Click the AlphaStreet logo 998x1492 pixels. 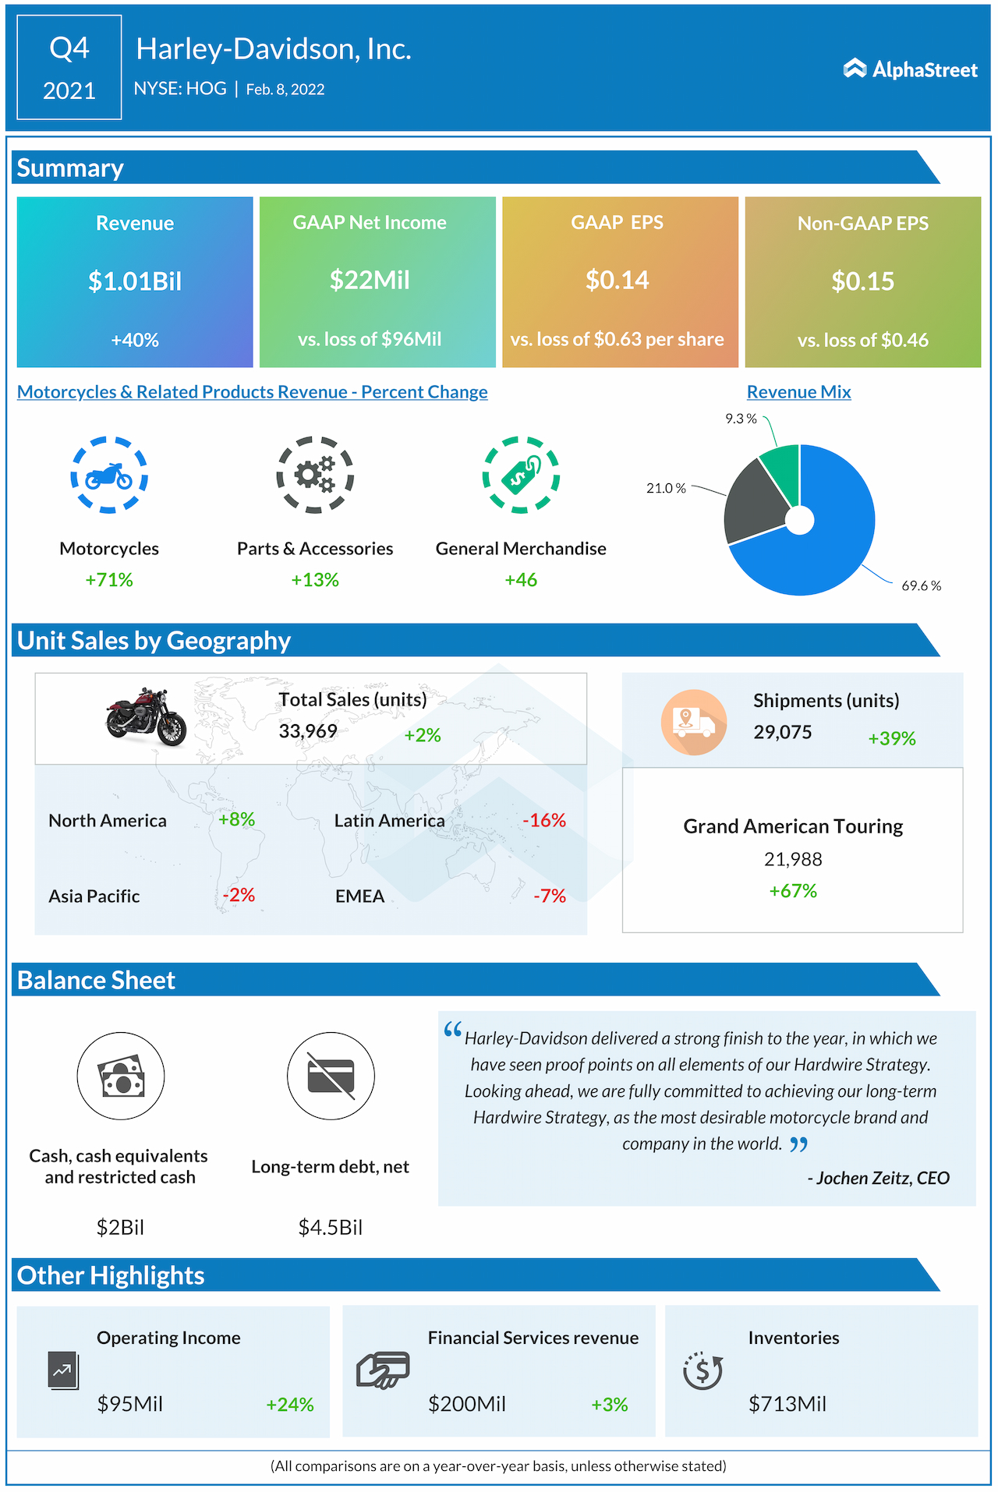[x=910, y=69]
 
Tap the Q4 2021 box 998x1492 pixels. [x=69, y=68]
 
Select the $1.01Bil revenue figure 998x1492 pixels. [x=135, y=281]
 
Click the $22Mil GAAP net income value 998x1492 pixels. [x=370, y=280]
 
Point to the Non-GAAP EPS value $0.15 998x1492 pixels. [x=862, y=281]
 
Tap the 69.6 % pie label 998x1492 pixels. [x=921, y=585]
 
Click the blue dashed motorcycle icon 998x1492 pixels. [x=109, y=475]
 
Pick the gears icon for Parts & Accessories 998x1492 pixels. [x=315, y=475]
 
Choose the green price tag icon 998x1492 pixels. [x=521, y=475]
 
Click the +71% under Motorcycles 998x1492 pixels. [x=109, y=580]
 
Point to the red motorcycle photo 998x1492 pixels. [x=147, y=716]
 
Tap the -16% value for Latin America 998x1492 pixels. [x=544, y=820]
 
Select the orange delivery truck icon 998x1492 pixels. [x=693, y=722]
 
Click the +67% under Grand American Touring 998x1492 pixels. [x=793, y=891]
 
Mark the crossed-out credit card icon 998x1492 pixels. [x=331, y=1076]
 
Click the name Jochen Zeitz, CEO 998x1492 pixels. [x=879, y=1178]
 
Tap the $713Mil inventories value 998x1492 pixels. [x=787, y=1404]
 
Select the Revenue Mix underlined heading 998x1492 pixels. [x=798, y=392]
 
